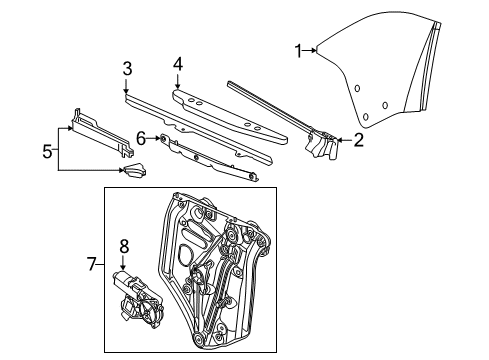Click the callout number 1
click(297, 49)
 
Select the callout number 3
click(127, 68)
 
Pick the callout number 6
click(142, 137)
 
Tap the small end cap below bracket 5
click(133, 171)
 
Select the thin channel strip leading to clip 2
click(270, 105)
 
